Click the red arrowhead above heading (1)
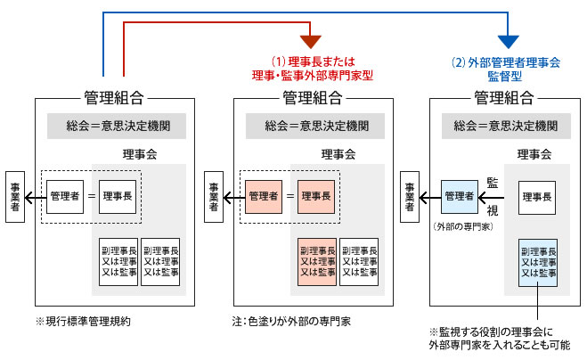[x=309, y=41]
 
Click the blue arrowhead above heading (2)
[x=508, y=41]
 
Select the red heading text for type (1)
[x=309, y=69]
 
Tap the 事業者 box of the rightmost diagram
[x=411, y=196]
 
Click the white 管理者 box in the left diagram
[x=65, y=196]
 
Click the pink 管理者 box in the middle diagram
[x=264, y=196]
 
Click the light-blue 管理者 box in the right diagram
[x=459, y=196]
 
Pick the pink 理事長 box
[x=317, y=196]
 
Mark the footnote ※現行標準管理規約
[x=77, y=319]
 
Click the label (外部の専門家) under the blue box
[x=460, y=226]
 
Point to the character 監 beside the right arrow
[x=492, y=182]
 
